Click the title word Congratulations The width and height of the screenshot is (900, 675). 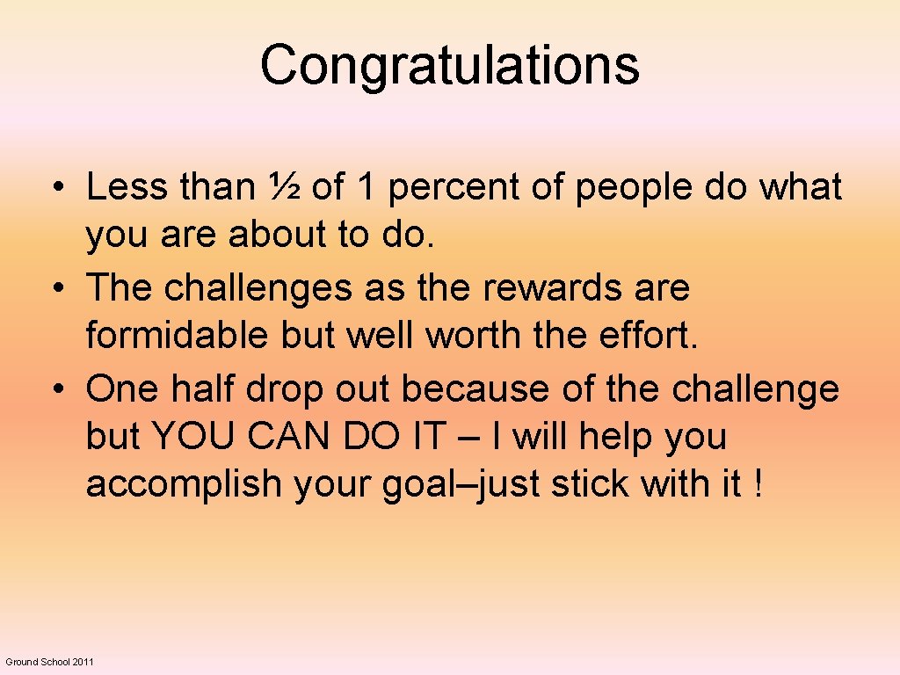449,66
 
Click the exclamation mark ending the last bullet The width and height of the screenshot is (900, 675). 758,484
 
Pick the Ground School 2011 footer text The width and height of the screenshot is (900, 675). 49,661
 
